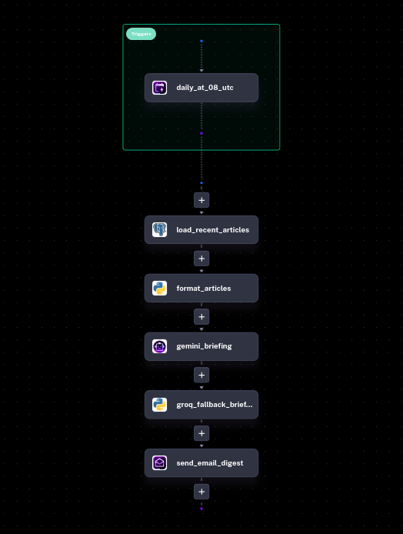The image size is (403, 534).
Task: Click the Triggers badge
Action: click(141, 34)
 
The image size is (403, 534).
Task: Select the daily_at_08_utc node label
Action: click(205, 88)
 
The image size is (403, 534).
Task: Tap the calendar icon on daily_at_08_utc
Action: click(159, 88)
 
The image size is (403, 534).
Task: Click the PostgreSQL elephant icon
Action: click(159, 230)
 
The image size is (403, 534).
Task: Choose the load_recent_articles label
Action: click(212, 230)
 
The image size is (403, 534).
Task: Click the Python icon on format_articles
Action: click(159, 288)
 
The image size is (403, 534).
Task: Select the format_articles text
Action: click(204, 289)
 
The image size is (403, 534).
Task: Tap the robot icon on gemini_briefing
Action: click(159, 346)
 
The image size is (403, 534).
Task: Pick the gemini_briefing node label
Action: click(204, 346)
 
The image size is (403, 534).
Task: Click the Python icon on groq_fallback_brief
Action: click(159, 405)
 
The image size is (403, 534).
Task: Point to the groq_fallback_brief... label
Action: click(215, 405)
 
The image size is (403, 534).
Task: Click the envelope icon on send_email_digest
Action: click(159, 462)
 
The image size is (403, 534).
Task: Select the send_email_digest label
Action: click(210, 463)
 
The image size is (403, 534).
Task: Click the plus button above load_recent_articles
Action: click(201, 200)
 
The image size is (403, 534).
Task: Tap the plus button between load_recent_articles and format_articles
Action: click(201, 259)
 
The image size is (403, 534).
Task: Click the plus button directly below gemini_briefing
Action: click(201, 375)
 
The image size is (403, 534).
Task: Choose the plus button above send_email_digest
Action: click(201, 433)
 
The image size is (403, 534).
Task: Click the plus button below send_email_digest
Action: click(201, 492)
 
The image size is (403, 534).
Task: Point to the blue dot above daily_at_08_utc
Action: click(201, 41)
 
